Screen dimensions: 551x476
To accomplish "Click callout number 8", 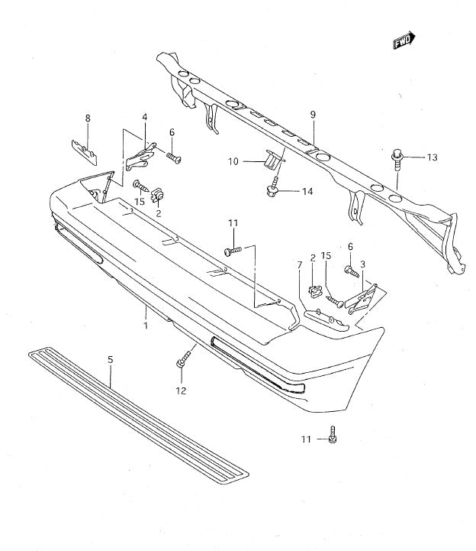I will tap(88, 118).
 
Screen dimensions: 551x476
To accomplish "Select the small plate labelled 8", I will tap(83, 150).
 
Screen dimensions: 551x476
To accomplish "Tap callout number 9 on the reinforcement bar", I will tap(312, 115).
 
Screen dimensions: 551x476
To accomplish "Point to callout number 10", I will tap(233, 161).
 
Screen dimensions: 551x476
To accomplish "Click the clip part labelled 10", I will tap(271, 160).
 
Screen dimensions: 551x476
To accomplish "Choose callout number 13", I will tap(432, 157).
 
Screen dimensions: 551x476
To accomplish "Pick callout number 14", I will tap(307, 191).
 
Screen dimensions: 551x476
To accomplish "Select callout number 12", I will tap(180, 391).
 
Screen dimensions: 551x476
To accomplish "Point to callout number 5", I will tap(111, 358).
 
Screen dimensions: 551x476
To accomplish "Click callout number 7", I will tap(300, 265).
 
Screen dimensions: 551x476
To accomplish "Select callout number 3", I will tap(362, 264).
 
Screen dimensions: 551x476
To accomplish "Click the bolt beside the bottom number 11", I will tap(333, 435).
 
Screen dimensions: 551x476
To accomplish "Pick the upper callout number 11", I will tap(233, 223).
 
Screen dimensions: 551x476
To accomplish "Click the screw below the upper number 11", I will tap(232, 250).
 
